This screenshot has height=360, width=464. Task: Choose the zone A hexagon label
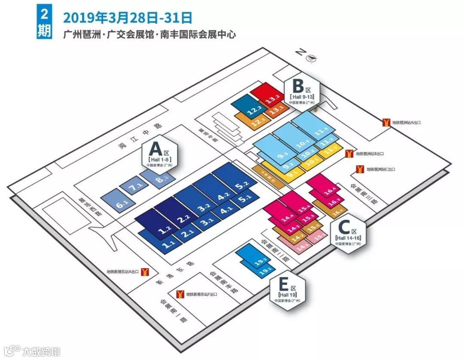click(x=159, y=154)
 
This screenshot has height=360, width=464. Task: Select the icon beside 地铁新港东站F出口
click(x=180, y=294)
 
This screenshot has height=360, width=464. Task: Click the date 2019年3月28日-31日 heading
click(x=128, y=18)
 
